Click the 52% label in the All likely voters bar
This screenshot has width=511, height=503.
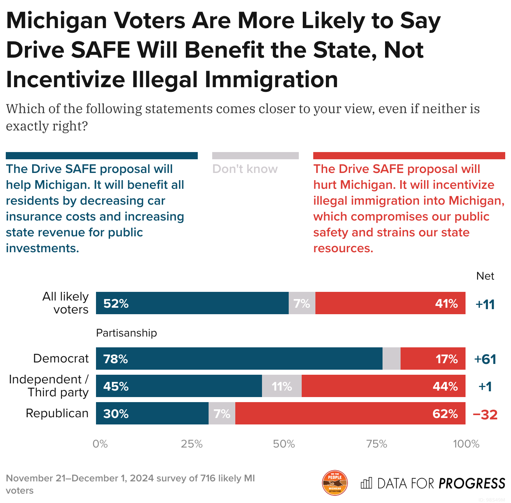[116, 304]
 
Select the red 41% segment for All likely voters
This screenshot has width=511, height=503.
[390, 303]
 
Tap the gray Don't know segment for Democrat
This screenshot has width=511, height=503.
[391, 359]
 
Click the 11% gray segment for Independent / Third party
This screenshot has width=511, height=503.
[281, 386]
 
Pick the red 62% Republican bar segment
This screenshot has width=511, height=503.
[350, 413]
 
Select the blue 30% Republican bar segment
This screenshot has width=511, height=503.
[152, 413]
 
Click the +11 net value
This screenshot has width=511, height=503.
[485, 304]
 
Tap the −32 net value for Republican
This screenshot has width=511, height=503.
[485, 415]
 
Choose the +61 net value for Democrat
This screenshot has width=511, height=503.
[485, 359]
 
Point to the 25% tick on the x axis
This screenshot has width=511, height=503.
[192, 444]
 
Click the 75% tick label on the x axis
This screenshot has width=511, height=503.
[377, 444]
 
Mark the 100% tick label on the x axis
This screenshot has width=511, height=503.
[466, 444]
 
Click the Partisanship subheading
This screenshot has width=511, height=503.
[126, 333]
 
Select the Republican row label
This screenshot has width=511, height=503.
[57, 413]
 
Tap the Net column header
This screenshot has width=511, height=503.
[485, 276]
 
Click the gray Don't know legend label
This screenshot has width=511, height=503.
[245, 169]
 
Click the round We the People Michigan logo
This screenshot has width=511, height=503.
[335, 483]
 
